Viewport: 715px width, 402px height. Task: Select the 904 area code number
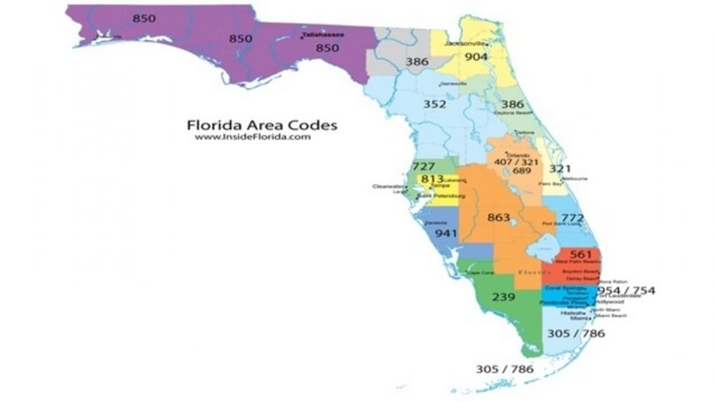[476, 56]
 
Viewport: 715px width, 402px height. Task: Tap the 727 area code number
[424, 166]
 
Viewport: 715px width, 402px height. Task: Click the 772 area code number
[572, 217]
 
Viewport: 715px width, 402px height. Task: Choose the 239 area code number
[504, 297]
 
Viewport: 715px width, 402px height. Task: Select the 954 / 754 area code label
[626, 290]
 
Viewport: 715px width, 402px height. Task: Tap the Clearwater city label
[388, 186]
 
